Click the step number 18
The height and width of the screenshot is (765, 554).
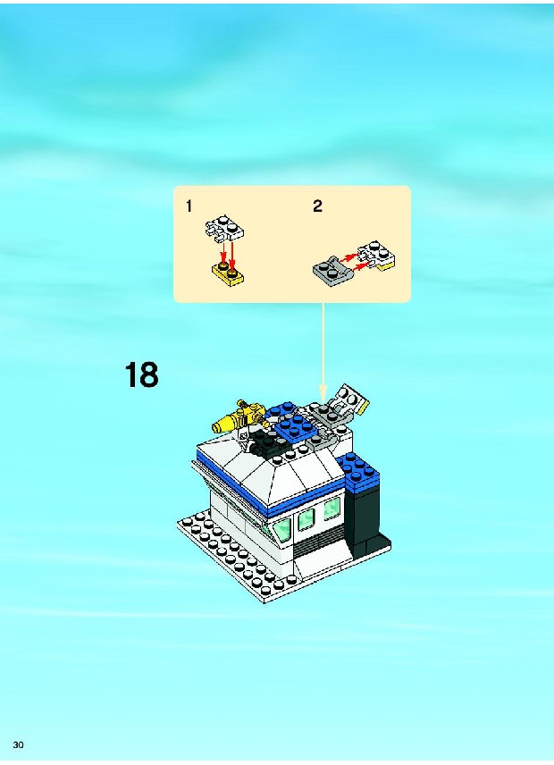[x=142, y=374]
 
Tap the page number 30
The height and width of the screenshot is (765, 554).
[x=19, y=744]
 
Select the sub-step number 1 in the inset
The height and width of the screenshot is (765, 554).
[x=189, y=206]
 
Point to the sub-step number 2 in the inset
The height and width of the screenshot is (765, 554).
[x=317, y=206]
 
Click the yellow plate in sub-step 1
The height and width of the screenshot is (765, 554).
[x=228, y=273]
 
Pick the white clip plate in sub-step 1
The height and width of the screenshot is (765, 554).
[x=224, y=231]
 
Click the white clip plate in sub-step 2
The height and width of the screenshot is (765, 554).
[x=379, y=255]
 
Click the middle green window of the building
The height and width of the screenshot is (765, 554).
[x=306, y=519]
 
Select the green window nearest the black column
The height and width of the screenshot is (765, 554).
[x=332, y=509]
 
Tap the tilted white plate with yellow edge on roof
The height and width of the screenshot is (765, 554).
[x=349, y=400]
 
